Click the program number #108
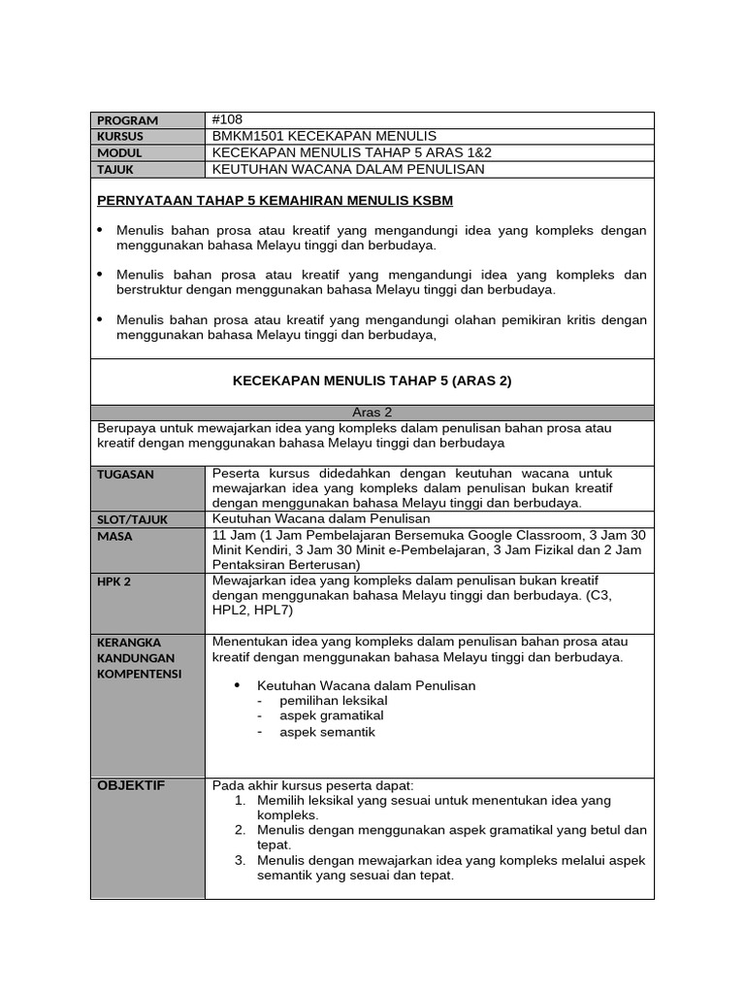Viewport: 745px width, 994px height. click(228, 119)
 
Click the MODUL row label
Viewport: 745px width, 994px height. click(119, 153)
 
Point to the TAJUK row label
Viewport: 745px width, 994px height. click(115, 170)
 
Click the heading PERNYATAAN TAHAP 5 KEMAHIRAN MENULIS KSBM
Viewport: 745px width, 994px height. click(275, 201)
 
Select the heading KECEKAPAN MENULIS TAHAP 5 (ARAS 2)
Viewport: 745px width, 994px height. click(372, 381)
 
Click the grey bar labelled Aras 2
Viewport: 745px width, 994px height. click(372, 412)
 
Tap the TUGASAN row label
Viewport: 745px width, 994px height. click(125, 475)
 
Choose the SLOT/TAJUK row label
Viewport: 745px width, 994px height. click(132, 519)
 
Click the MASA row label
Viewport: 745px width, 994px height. click(114, 536)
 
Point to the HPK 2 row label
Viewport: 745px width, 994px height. click(113, 581)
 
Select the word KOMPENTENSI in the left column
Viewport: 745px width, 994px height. click(140, 674)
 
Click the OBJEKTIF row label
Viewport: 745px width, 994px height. click(131, 785)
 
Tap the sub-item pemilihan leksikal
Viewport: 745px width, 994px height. click(333, 700)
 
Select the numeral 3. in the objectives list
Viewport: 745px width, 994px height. click(240, 860)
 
